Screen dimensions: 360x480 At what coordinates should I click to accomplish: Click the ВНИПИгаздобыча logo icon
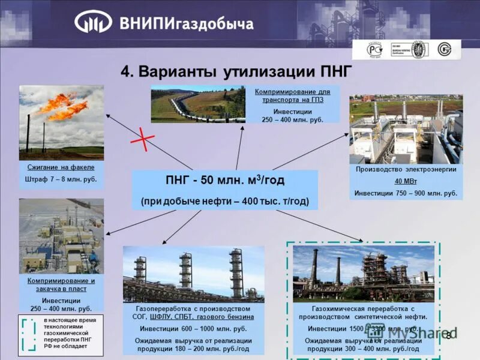point(93,22)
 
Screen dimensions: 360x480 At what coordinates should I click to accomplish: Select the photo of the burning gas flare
point(61,122)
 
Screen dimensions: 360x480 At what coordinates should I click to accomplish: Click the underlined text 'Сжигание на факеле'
point(61,167)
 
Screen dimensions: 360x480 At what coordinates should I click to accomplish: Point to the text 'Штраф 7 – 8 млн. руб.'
point(61,179)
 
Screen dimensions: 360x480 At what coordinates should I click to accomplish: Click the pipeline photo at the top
point(198,104)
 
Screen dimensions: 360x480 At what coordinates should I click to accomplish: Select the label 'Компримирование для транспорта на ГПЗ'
point(292,95)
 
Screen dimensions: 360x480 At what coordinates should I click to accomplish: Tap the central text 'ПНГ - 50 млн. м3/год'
point(224,180)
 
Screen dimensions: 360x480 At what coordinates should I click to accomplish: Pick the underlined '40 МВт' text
point(406,181)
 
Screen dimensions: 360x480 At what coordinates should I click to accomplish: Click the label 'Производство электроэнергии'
point(406,170)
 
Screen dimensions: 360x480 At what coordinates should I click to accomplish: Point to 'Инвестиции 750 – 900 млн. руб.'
point(406,193)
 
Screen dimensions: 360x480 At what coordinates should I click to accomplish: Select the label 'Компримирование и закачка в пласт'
point(61,284)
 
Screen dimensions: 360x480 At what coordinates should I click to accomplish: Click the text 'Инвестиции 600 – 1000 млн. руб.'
point(193,329)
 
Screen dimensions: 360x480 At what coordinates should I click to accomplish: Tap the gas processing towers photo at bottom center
point(193,274)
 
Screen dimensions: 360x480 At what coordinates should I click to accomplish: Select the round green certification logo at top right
point(445,49)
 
